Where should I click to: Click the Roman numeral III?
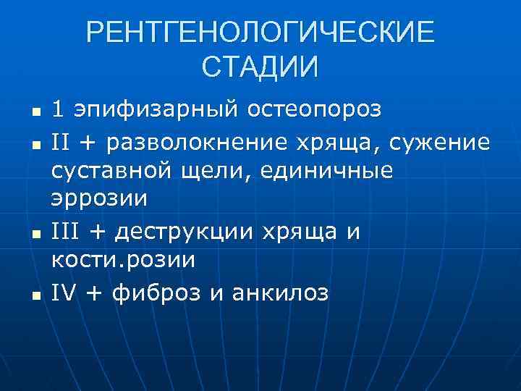coord(64,233)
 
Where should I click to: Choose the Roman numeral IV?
coord(64,294)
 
